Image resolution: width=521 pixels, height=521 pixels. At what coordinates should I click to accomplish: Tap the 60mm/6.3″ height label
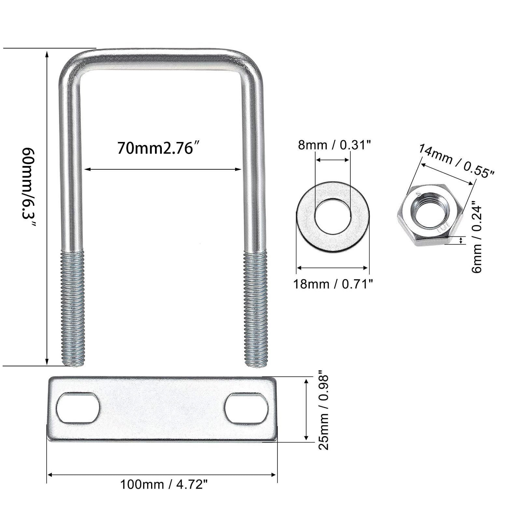coord(29,188)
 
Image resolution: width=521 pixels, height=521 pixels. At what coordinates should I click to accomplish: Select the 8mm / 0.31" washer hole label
coord(334,145)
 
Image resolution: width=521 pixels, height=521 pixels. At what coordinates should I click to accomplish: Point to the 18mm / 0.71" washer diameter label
coord(333,284)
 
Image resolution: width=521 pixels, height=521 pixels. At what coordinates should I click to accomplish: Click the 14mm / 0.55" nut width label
coord(456,161)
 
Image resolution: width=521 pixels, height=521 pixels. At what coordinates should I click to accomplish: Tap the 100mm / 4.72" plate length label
coord(164,484)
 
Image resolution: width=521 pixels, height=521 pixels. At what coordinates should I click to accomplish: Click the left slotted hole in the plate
coord(78,408)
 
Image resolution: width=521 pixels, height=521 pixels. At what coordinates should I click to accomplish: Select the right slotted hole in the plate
coord(246,408)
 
